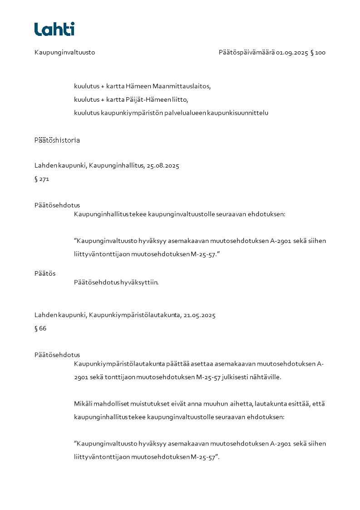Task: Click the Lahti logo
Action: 54,29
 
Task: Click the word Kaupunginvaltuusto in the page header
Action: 64,53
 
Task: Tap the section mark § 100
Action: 318,53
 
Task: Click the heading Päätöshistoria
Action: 57,140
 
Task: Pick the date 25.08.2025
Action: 163,166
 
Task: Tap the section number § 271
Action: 41,179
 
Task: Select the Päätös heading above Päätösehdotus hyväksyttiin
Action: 45,273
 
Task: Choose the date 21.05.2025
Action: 199,315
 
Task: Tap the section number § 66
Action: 40,328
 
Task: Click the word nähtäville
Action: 266,377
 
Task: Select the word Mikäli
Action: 83,404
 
